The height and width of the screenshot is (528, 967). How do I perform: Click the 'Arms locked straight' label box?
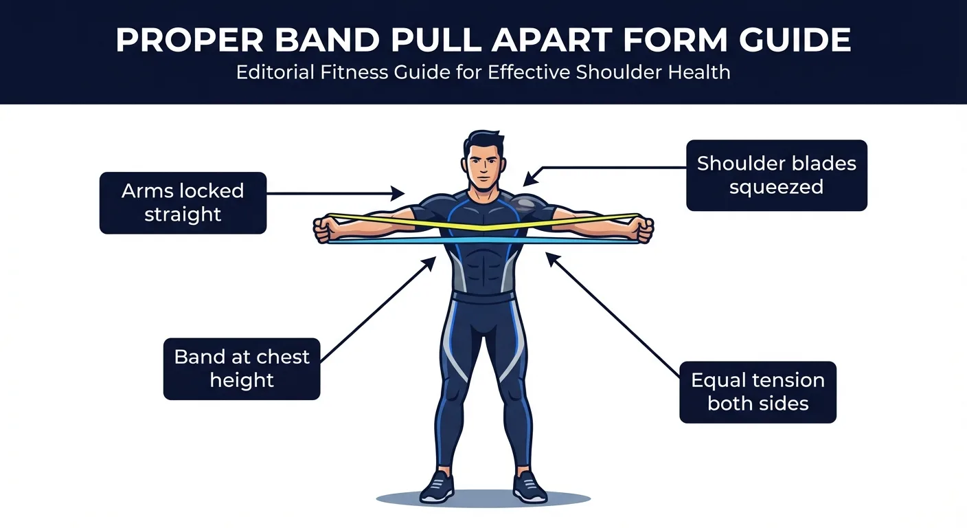(x=183, y=203)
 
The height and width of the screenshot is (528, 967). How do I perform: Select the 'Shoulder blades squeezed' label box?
(x=776, y=175)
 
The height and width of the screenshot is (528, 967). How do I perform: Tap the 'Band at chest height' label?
(x=242, y=368)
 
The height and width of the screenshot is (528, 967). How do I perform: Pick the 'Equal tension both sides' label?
(x=758, y=392)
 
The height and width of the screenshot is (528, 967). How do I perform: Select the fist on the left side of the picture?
(x=328, y=228)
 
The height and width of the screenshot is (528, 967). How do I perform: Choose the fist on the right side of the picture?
(x=641, y=228)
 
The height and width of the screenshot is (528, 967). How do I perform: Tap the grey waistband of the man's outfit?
(x=483, y=298)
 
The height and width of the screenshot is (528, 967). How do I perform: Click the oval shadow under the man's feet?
(x=483, y=499)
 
